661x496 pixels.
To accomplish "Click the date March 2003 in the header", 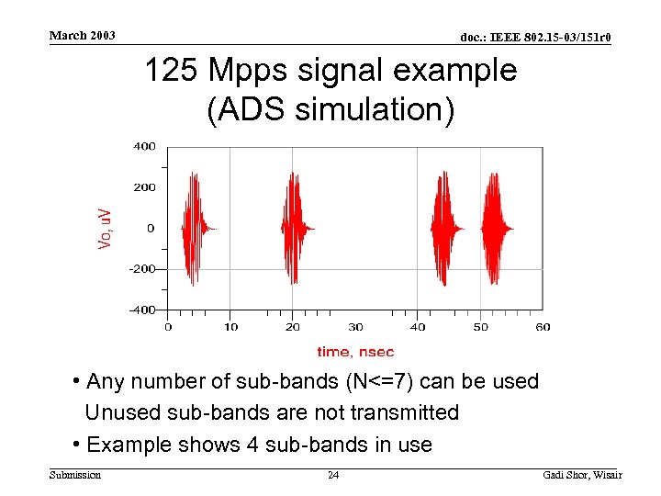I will coord(82,35).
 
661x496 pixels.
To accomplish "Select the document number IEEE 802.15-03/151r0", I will coord(535,37).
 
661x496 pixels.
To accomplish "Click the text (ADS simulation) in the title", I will coord(330,109).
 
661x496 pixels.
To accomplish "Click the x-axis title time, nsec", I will coord(355,351).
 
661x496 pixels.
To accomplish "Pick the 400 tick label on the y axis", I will coord(144,146).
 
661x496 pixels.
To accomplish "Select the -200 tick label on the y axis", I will coord(142,269).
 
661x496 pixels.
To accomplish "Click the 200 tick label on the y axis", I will coord(144,187).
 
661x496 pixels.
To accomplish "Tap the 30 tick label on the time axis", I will coord(355,327).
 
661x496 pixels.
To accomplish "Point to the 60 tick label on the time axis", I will coord(543,327).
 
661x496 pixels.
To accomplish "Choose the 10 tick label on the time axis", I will coord(230,327).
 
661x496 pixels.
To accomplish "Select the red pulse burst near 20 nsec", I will coord(294,227).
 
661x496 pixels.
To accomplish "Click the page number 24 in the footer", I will coord(334,475).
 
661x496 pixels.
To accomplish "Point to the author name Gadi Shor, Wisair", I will coord(582,475).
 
